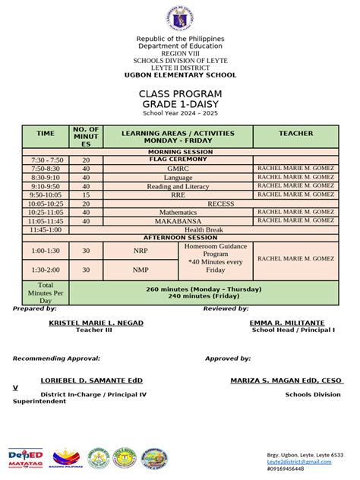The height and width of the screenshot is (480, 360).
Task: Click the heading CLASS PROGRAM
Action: (x=179, y=93)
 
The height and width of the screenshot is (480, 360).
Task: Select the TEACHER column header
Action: (x=295, y=134)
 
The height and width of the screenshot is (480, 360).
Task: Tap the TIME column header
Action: (x=46, y=134)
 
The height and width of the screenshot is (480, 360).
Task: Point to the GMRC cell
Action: (x=178, y=169)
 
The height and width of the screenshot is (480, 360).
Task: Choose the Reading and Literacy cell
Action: (x=178, y=186)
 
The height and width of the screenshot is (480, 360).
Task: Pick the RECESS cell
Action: (x=220, y=204)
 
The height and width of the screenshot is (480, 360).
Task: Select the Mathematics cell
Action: (x=178, y=212)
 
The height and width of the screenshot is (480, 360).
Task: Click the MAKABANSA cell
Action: (x=178, y=221)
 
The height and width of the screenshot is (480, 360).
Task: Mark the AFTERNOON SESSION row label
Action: (x=179, y=238)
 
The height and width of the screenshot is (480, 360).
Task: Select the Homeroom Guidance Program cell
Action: (x=216, y=258)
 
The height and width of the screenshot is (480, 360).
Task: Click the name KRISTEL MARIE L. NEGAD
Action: (x=96, y=323)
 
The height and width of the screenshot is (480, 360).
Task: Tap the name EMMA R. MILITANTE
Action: (x=286, y=323)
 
